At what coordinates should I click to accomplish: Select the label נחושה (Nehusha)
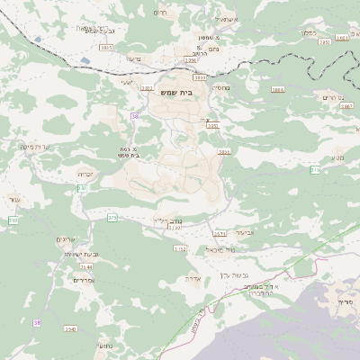103,345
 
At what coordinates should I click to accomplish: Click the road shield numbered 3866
277,90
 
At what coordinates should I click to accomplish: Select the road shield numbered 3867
347,105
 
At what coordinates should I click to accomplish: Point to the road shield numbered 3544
86,266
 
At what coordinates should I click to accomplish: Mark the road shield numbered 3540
70,329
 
